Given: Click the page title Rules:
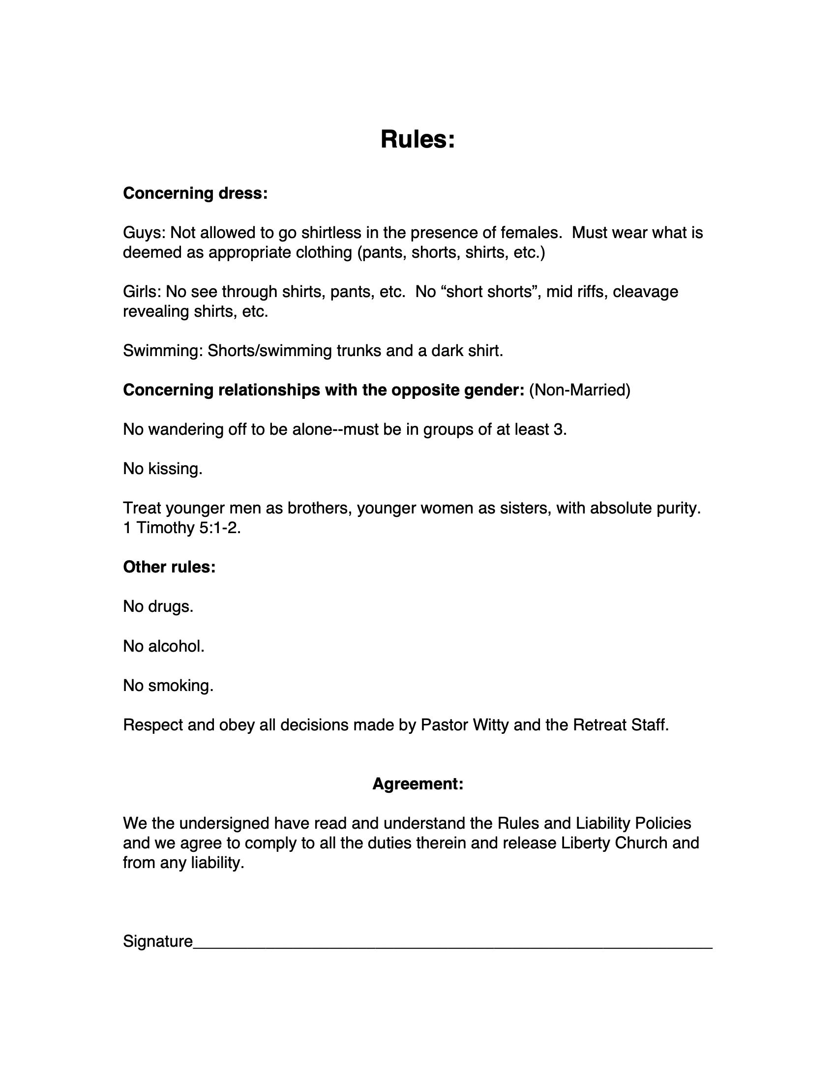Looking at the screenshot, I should tap(418, 139).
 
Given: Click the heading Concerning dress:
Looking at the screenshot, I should tap(195, 193).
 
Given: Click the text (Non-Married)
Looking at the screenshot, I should tap(579, 391).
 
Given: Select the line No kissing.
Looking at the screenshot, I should tap(162, 469).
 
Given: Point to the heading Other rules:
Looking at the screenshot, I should tap(169, 567).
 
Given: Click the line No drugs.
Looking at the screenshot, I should tap(158, 606).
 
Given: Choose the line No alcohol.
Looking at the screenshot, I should tap(163, 646).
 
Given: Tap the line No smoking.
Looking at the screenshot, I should tap(168, 685).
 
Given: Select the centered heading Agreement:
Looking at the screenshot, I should tap(418, 784).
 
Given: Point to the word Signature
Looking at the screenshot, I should tap(157, 941).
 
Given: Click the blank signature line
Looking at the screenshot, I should tap(452, 944).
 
